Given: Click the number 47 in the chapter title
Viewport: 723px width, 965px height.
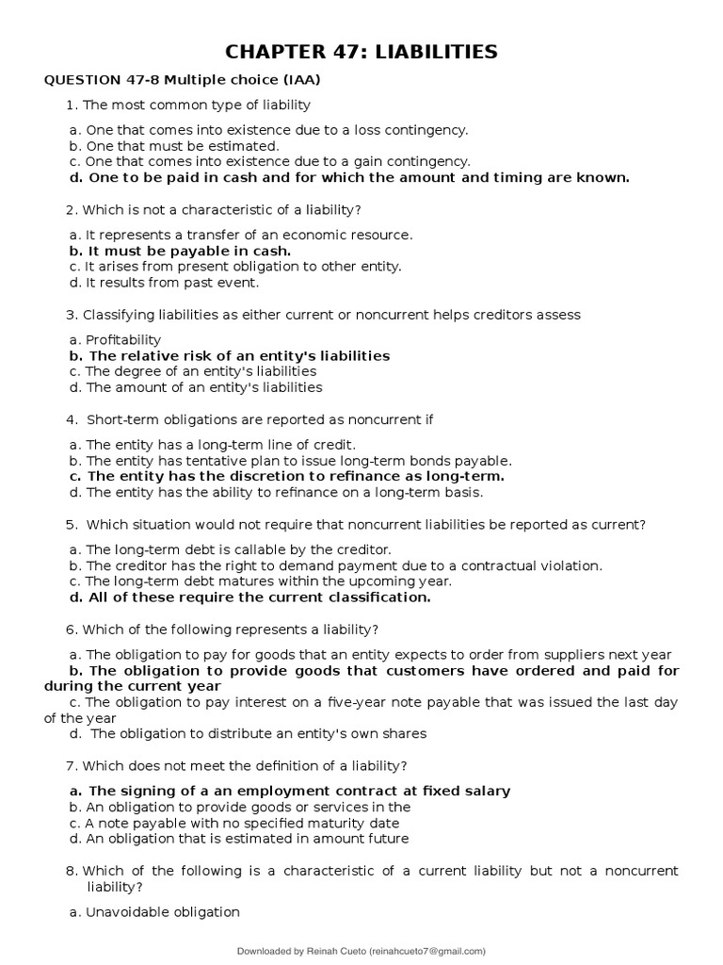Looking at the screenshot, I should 331,51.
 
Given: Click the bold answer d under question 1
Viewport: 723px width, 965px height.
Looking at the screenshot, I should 349,177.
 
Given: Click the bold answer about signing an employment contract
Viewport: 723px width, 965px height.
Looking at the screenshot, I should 291,791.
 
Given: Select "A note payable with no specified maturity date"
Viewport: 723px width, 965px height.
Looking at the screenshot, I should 234,823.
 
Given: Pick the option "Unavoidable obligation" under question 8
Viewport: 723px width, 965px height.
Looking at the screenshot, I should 155,911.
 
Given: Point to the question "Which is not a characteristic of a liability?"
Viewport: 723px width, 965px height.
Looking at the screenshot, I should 221,209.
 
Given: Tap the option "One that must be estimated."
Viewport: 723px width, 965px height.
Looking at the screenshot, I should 174,146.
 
